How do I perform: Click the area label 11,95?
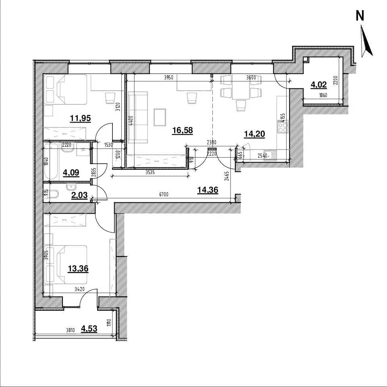(x=81, y=119)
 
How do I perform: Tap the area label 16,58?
(x=182, y=130)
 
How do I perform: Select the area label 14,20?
(x=254, y=134)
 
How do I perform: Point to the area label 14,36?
(x=208, y=190)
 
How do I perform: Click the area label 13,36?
(x=78, y=268)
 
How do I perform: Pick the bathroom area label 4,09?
(x=71, y=173)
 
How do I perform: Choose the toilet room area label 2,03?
(x=79, y=195)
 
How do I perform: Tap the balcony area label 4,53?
(x=89, y=329)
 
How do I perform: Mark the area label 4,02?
(x=318, y=85)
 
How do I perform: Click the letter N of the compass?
(x=360, y=16)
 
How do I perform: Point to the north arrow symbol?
(x=366, y=41)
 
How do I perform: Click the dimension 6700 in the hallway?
(x=164, y=194)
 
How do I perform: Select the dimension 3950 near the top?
(x=169, y=77)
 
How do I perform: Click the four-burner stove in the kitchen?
(x=283, y=127)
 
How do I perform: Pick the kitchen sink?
(x=270, y=156)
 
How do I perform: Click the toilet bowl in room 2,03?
(x=54, y=194)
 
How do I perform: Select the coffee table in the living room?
(x=160, y=117)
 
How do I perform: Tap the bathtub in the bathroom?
(x=51, y=161)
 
